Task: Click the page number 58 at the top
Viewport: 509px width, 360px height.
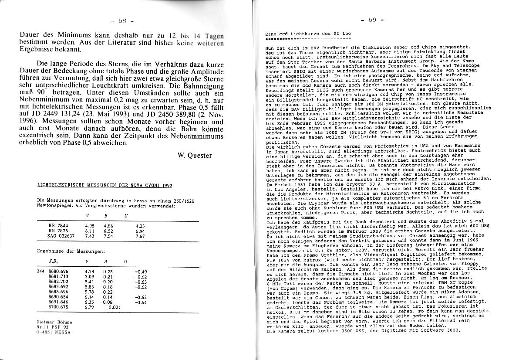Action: (121, 20)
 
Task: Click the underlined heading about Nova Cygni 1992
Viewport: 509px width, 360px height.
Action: (104, 185)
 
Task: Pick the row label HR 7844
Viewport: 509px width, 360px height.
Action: (57, 226)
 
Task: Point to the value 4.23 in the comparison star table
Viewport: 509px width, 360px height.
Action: (140, 226)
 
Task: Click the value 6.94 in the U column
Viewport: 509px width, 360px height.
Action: (140, 231)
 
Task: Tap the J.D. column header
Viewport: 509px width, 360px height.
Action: (55, 261)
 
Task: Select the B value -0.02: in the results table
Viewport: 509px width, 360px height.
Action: (111, 307)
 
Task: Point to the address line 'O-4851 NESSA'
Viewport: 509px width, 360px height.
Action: (54, 331)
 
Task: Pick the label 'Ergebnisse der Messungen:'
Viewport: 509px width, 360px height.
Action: (71, 251)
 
